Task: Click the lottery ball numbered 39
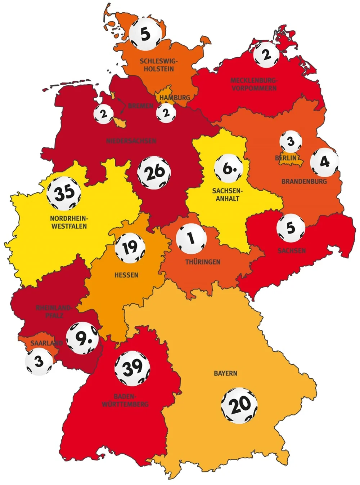(132, 368)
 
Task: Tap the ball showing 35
(64, 193)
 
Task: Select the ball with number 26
(154, 173)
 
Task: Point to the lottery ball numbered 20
(239, 405)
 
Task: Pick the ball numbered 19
(130, 248)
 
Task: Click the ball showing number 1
(191, 239)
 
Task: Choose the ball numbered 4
(324, 162)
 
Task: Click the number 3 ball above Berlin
(291, 142)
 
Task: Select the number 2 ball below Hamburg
(166, 113)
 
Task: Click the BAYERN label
(225, 373)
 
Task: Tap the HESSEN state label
(126, 275)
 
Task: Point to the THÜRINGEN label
(203, 262)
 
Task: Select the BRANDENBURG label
(304, 181)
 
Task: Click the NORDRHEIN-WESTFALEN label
(69, 222)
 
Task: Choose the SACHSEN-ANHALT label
(227, 194)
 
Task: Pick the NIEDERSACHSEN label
(131, 141)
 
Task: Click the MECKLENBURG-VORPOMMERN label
(254, 84)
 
